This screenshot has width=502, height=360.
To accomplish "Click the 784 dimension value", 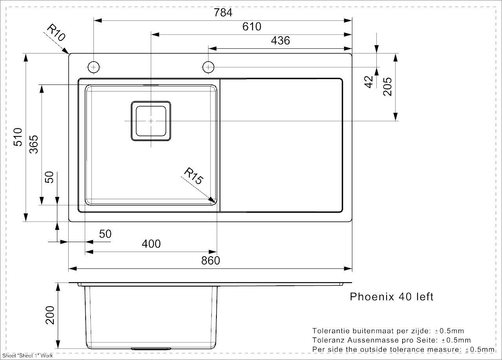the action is pos(223,12).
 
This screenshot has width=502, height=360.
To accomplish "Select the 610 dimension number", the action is pos(252,26).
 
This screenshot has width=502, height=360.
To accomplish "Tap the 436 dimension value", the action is pos(280,40).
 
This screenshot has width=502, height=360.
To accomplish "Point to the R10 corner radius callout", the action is pos(56,33).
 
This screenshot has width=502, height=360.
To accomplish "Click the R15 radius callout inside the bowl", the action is pos(194,176).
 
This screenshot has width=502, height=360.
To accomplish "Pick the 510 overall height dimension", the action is pos(18,137).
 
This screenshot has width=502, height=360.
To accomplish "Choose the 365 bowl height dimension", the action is pos(34,144).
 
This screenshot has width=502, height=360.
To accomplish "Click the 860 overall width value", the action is pos(211,261).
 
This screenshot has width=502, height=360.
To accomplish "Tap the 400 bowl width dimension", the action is pos(151,244).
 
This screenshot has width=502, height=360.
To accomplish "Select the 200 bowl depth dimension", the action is pos(50,315).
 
